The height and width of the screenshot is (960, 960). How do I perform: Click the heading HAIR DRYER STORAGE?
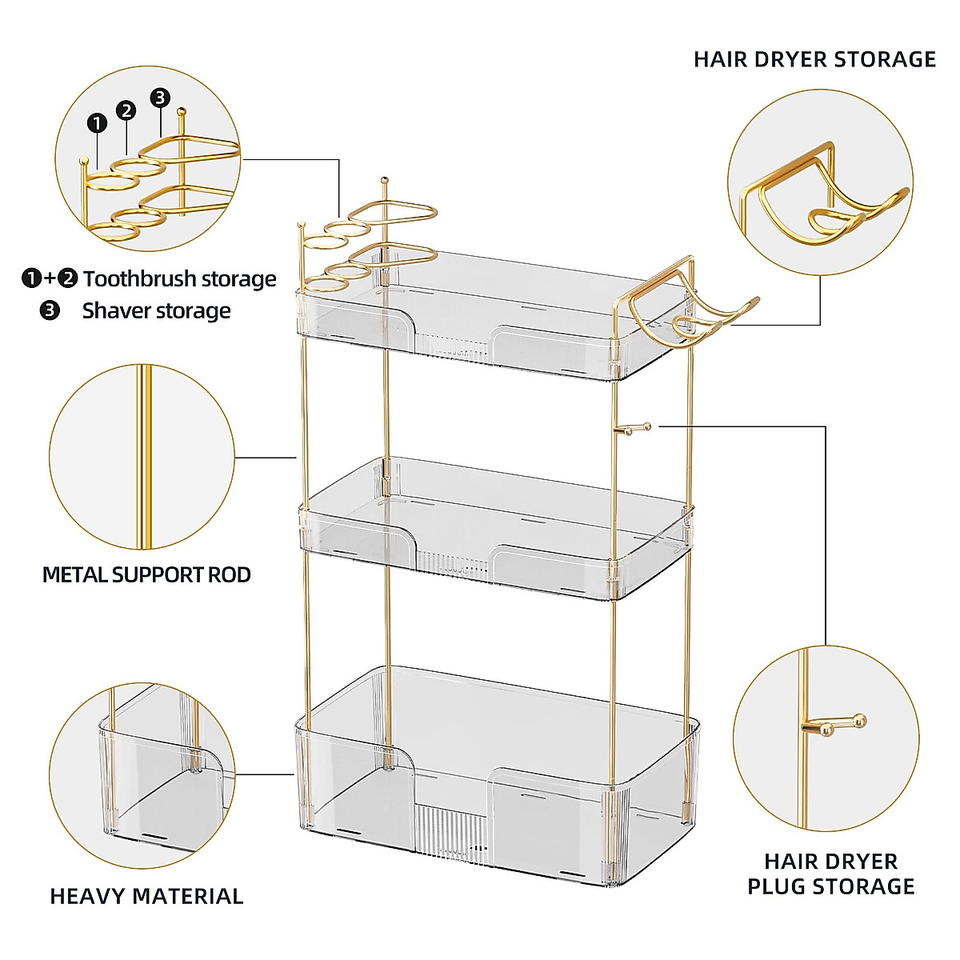point(814,59)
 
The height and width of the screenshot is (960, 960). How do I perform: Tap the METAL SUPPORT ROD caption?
point(146,574)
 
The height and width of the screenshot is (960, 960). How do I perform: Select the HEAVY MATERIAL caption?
point(146,896)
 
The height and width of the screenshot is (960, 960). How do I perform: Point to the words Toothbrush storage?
point(179,278)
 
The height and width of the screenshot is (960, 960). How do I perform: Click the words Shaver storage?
point(156,310)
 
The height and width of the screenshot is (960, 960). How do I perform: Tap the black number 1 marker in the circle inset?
point(97,123)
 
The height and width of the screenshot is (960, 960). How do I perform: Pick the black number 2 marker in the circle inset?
point(126,110)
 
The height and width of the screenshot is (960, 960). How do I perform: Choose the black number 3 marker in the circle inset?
point(161,98)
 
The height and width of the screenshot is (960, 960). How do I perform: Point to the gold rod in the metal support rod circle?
point(144,456)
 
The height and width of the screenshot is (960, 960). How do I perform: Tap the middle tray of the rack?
point(496,528)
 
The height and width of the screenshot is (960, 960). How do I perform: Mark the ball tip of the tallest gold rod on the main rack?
point(384,179)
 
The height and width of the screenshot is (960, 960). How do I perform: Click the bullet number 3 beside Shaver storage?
point(50,310)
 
